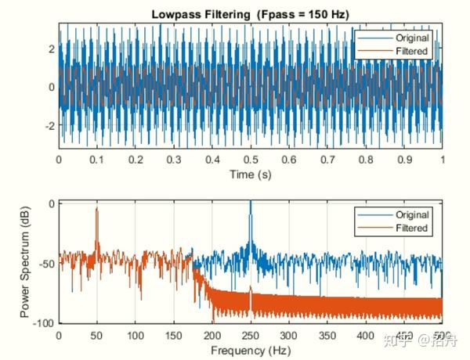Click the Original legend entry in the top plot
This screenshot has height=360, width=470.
coord(410,38)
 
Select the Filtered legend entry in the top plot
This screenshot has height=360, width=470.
coord(410,51)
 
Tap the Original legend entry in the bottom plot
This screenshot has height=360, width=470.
coord(410,214)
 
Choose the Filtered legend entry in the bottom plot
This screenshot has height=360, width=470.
coord(410,228)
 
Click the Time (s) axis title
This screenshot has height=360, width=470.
coord(250,174)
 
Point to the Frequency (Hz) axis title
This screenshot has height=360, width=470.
coord(250,351)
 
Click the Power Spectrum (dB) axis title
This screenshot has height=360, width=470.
coord(27,262)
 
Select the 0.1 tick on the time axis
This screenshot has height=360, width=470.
coord(97,159)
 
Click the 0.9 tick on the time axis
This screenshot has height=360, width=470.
coord(404,159)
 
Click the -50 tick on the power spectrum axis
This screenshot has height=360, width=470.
coord(45,263)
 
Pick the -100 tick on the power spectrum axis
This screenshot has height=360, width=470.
coord(42,323)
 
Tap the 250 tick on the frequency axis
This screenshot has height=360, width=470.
coord(251,336)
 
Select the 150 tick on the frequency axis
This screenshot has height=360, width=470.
coord(174,336)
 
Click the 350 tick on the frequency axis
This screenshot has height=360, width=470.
coord(327,336)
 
